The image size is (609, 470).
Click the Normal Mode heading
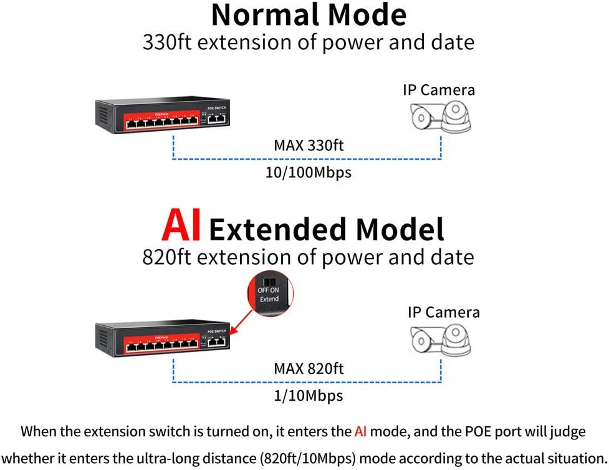pyautogui.click(x=309, y=15)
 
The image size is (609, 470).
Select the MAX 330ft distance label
pyautogui.click(x=309, y=145)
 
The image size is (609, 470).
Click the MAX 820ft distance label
pyautogui.click(x=309, y=368)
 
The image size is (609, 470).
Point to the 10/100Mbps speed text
pyautogui.click(x=309, y=172)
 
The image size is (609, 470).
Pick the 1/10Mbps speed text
pyautogui.click(x=309, y=395)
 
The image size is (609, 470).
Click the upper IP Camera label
pyautogui.click(x=439, y=90)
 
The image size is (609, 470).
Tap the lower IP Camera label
pyautogui.click(x=444, y=312)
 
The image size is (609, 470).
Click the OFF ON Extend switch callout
pyautogui.click(x=269, y=293)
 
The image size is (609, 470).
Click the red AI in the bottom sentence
pyautogui.click(x=360, y=431)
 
